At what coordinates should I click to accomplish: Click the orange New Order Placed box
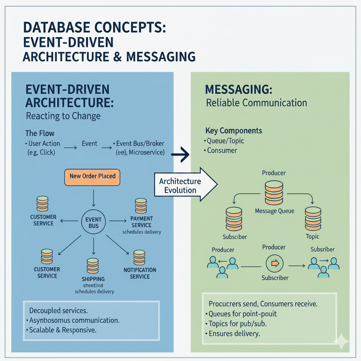coord(92,176)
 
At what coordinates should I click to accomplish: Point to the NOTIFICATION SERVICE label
coord(140,273)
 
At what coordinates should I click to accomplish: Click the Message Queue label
coord(274,212)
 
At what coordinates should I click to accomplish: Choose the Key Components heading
coord(234,131)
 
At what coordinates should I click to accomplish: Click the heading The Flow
coord(40,134)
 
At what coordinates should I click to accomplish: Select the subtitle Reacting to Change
coord(63,116)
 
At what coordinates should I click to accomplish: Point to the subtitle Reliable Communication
coord(256,103)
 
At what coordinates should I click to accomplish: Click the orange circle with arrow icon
coord(274,263)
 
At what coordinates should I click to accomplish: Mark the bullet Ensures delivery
coord(233,333)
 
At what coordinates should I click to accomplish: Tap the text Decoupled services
coord(59,311)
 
